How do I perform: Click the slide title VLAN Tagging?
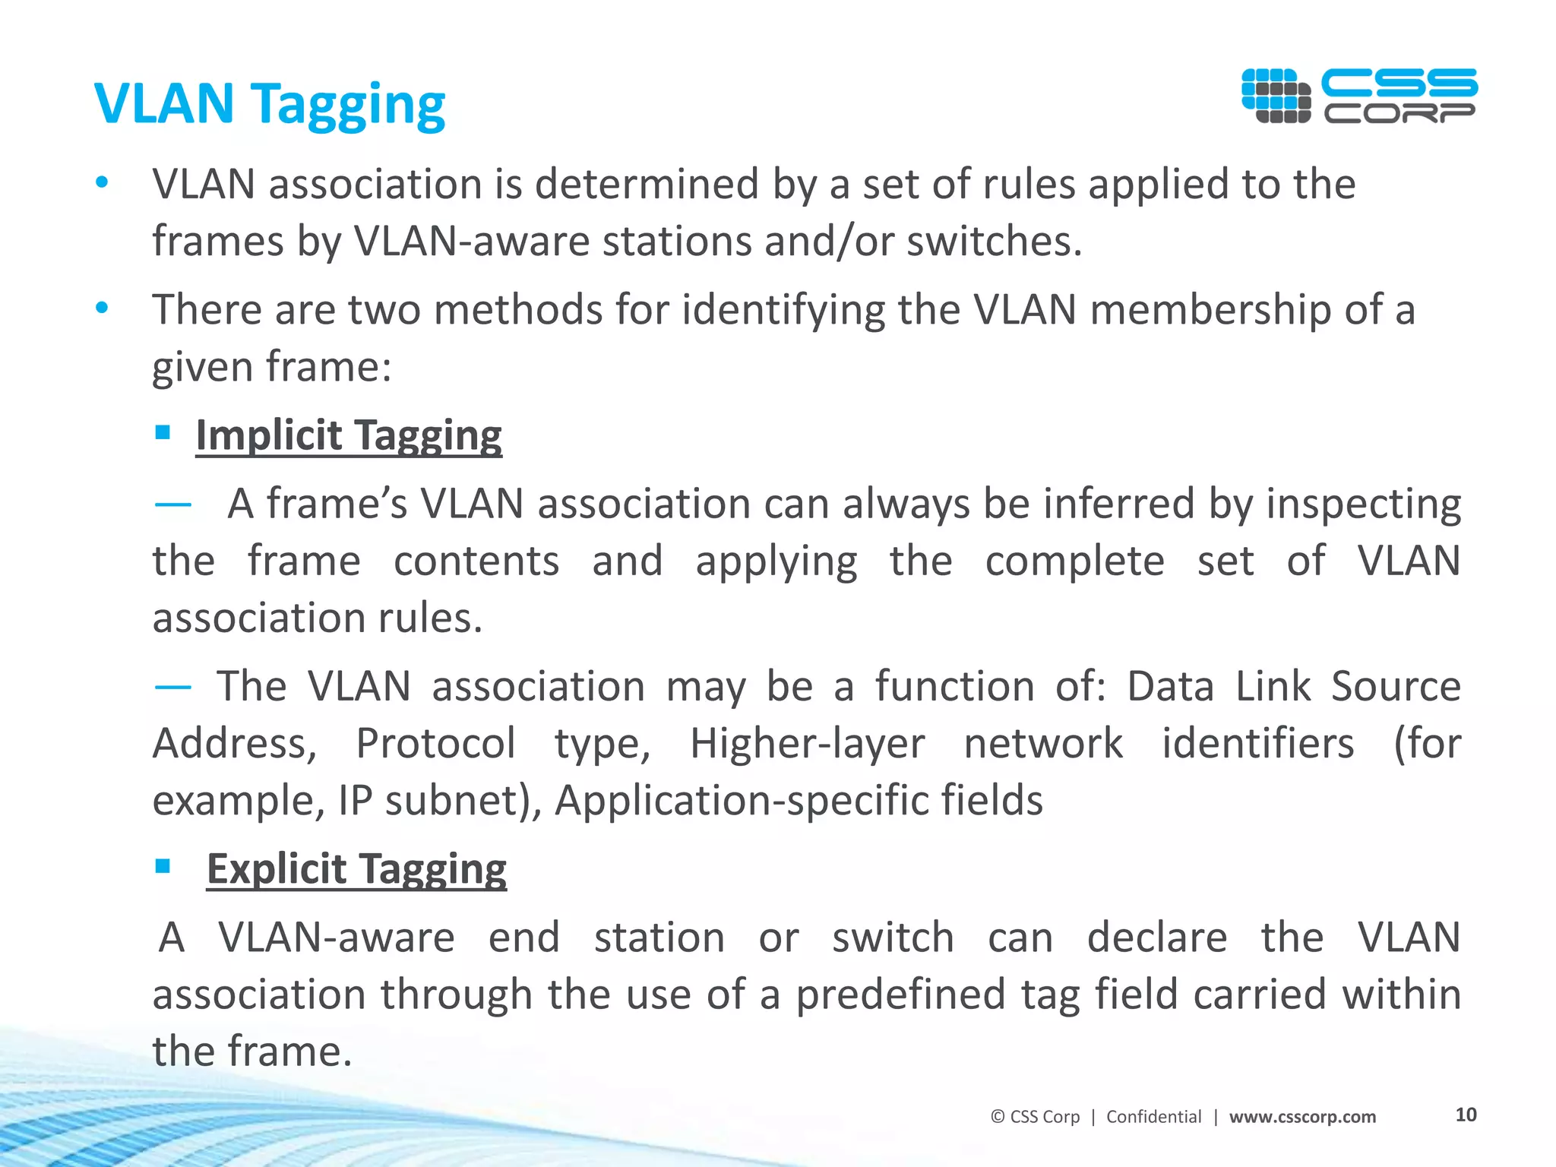[x=270, y=104]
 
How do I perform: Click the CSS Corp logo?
[x=1359, y=96]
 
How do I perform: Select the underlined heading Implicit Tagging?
[x=349, y=435]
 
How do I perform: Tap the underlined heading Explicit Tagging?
[x=356, y=868]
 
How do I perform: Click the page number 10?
[x=1466, y=1115]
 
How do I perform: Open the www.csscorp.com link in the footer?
[x=1302, y=1117]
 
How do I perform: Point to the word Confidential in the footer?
[x=1153, y=1117]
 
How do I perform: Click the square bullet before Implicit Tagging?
[x=162, y=432]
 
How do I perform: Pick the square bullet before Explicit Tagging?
[x=162, y=865]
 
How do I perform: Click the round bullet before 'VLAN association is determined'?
[x=102, y=182]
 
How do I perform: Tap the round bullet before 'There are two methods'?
[x=102, y=308]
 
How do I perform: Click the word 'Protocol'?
[x=435, y=743]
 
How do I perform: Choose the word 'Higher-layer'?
[x=807, y=743]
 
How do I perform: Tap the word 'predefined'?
[x=900, y=995]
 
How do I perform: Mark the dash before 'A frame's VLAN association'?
[x=172, y=504]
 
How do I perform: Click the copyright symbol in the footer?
[x=998, y=1117]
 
